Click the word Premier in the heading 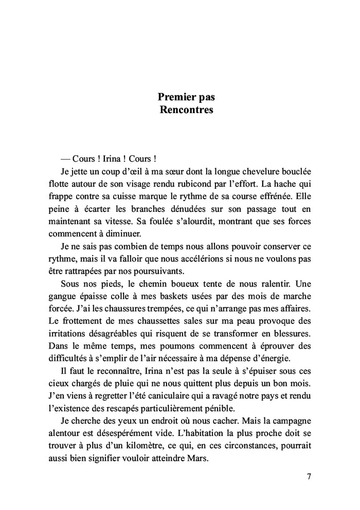[x=176, y=96]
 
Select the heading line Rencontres [x=186, y=110]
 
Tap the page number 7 [x=309, y=476]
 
